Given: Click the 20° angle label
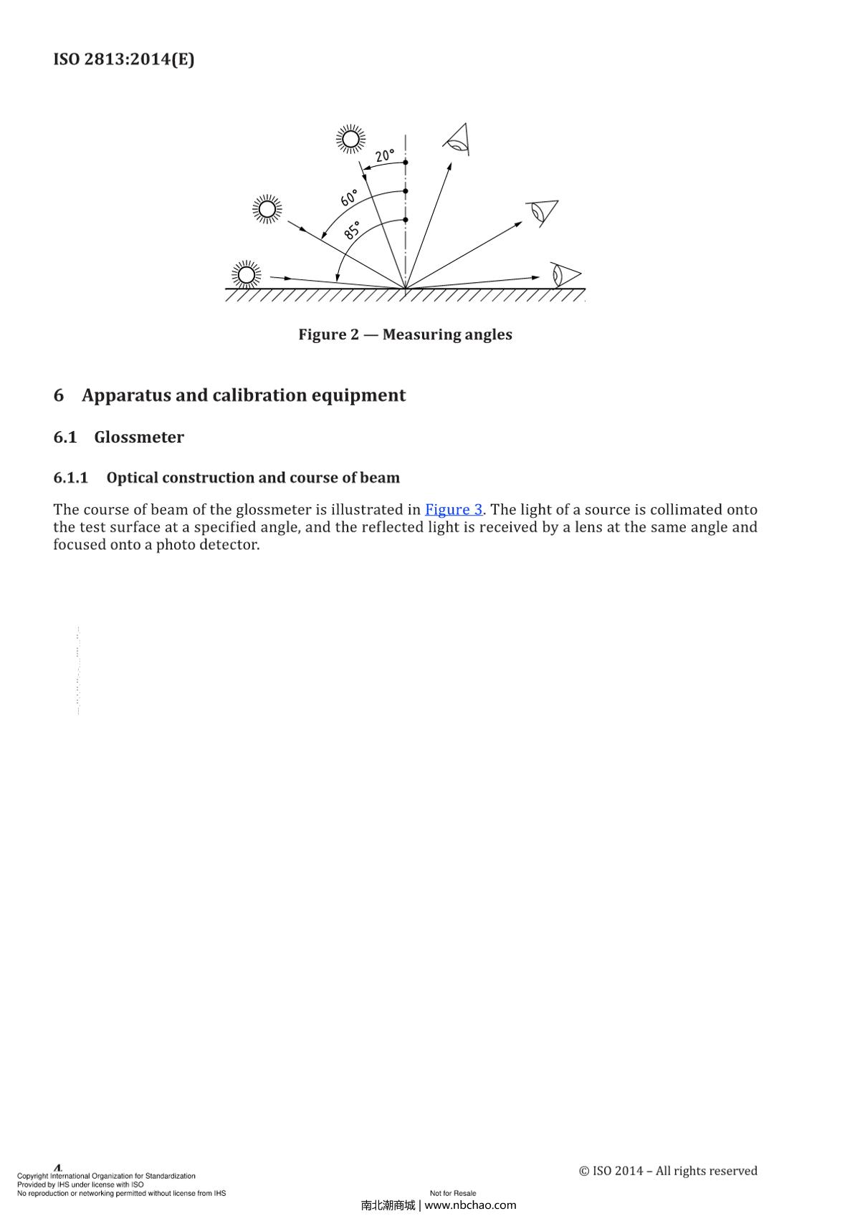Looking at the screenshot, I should [385, 155].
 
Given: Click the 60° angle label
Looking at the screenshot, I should [349, 198].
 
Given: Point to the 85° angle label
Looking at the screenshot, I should [353, 231].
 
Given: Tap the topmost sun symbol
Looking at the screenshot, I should [350, 139].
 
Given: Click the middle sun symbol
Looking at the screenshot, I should [267, 209].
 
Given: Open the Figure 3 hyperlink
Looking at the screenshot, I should [454, 510].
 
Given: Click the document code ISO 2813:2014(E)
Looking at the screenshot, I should [124, 59].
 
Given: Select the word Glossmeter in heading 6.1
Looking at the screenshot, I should [139, 438].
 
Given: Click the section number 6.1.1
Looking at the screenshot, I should [70, 478].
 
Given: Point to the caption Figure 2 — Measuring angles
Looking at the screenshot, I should [405, 334].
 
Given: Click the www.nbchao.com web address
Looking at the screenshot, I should [471, 1205].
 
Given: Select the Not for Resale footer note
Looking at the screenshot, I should [453, 1193].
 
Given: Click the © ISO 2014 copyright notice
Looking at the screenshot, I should [668, 1171].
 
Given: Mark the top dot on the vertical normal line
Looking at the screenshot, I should [406, 163].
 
